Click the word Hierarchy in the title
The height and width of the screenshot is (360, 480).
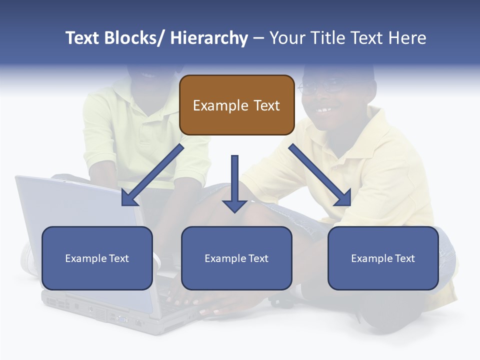pos(209,38)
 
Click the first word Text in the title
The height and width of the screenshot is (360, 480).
pos(82,38)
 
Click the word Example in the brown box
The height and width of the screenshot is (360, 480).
pos(220,105)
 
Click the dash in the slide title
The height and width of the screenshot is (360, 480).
pos(258,38)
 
